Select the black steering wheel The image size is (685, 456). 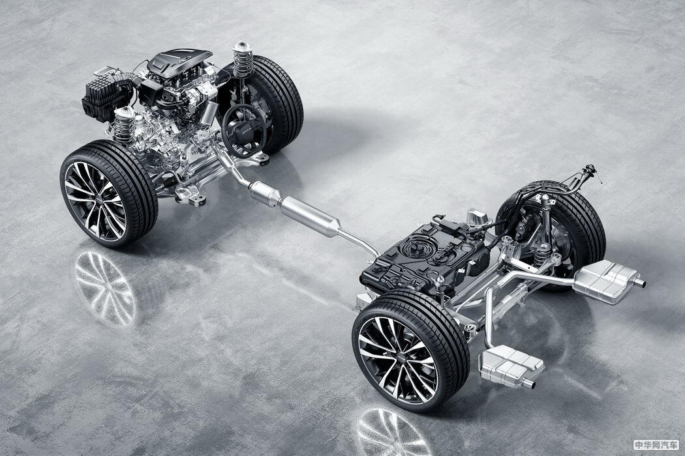pyautogui.click(x=244, y=130)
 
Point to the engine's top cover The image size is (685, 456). pyautogui.click(x=179, y=63)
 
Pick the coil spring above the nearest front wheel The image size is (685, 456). pyautogui.click(x=124, y=124)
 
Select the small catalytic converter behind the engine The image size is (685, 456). pyautogui.click(x=265, y=192)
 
